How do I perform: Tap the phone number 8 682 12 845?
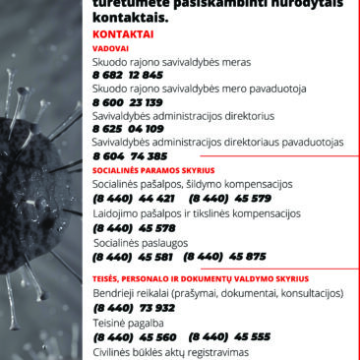(x=128, y=75)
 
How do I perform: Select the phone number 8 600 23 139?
(x=128, y=102)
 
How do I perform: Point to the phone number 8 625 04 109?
(x=128, y=129)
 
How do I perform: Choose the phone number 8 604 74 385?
(x=130, y=155)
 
